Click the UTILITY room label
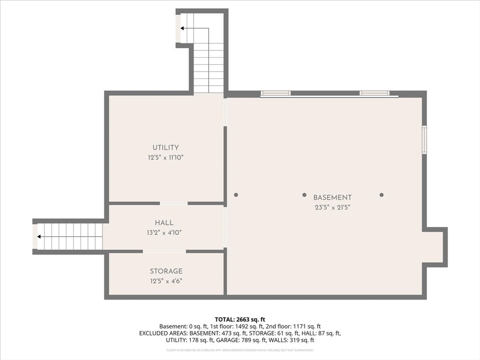pos(165,148)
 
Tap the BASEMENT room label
pos(332,198)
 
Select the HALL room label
pos(164,223)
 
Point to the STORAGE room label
pos(166,271)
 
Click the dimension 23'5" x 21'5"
pos(332,207)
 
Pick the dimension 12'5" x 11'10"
pos(165,158)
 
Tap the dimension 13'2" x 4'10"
pos(164,232)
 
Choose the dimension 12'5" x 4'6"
pos(166,281)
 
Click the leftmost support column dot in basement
pos(236,195)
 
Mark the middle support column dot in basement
pos(304,195)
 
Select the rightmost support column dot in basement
pos(382,195)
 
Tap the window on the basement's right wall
pos(425,140)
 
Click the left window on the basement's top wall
pos(276,93)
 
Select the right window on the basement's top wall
pos(375,93)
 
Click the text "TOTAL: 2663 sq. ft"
pos(240,320)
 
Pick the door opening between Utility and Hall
pos(174,203)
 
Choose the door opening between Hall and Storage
pos(165,252)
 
